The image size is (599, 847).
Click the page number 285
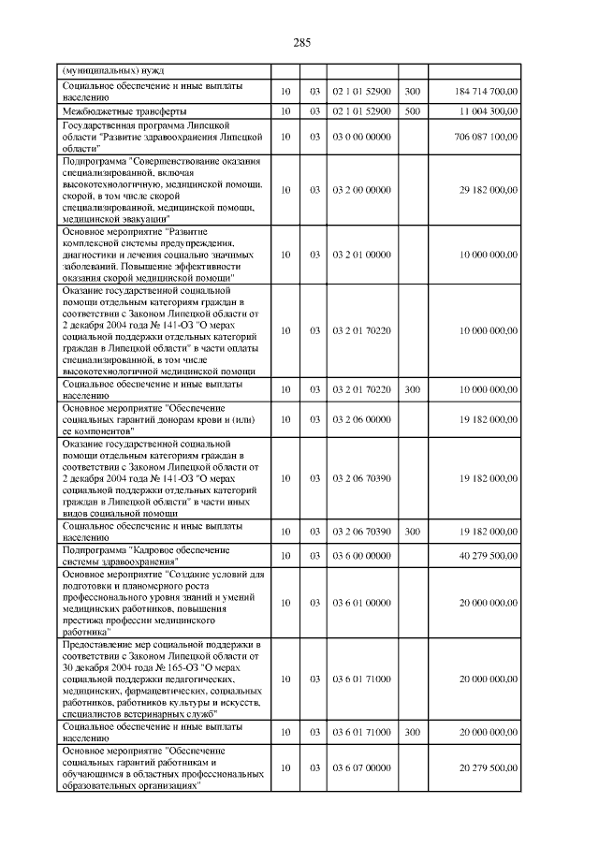[x=300, y=43]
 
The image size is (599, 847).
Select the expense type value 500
[x=412, y=111]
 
